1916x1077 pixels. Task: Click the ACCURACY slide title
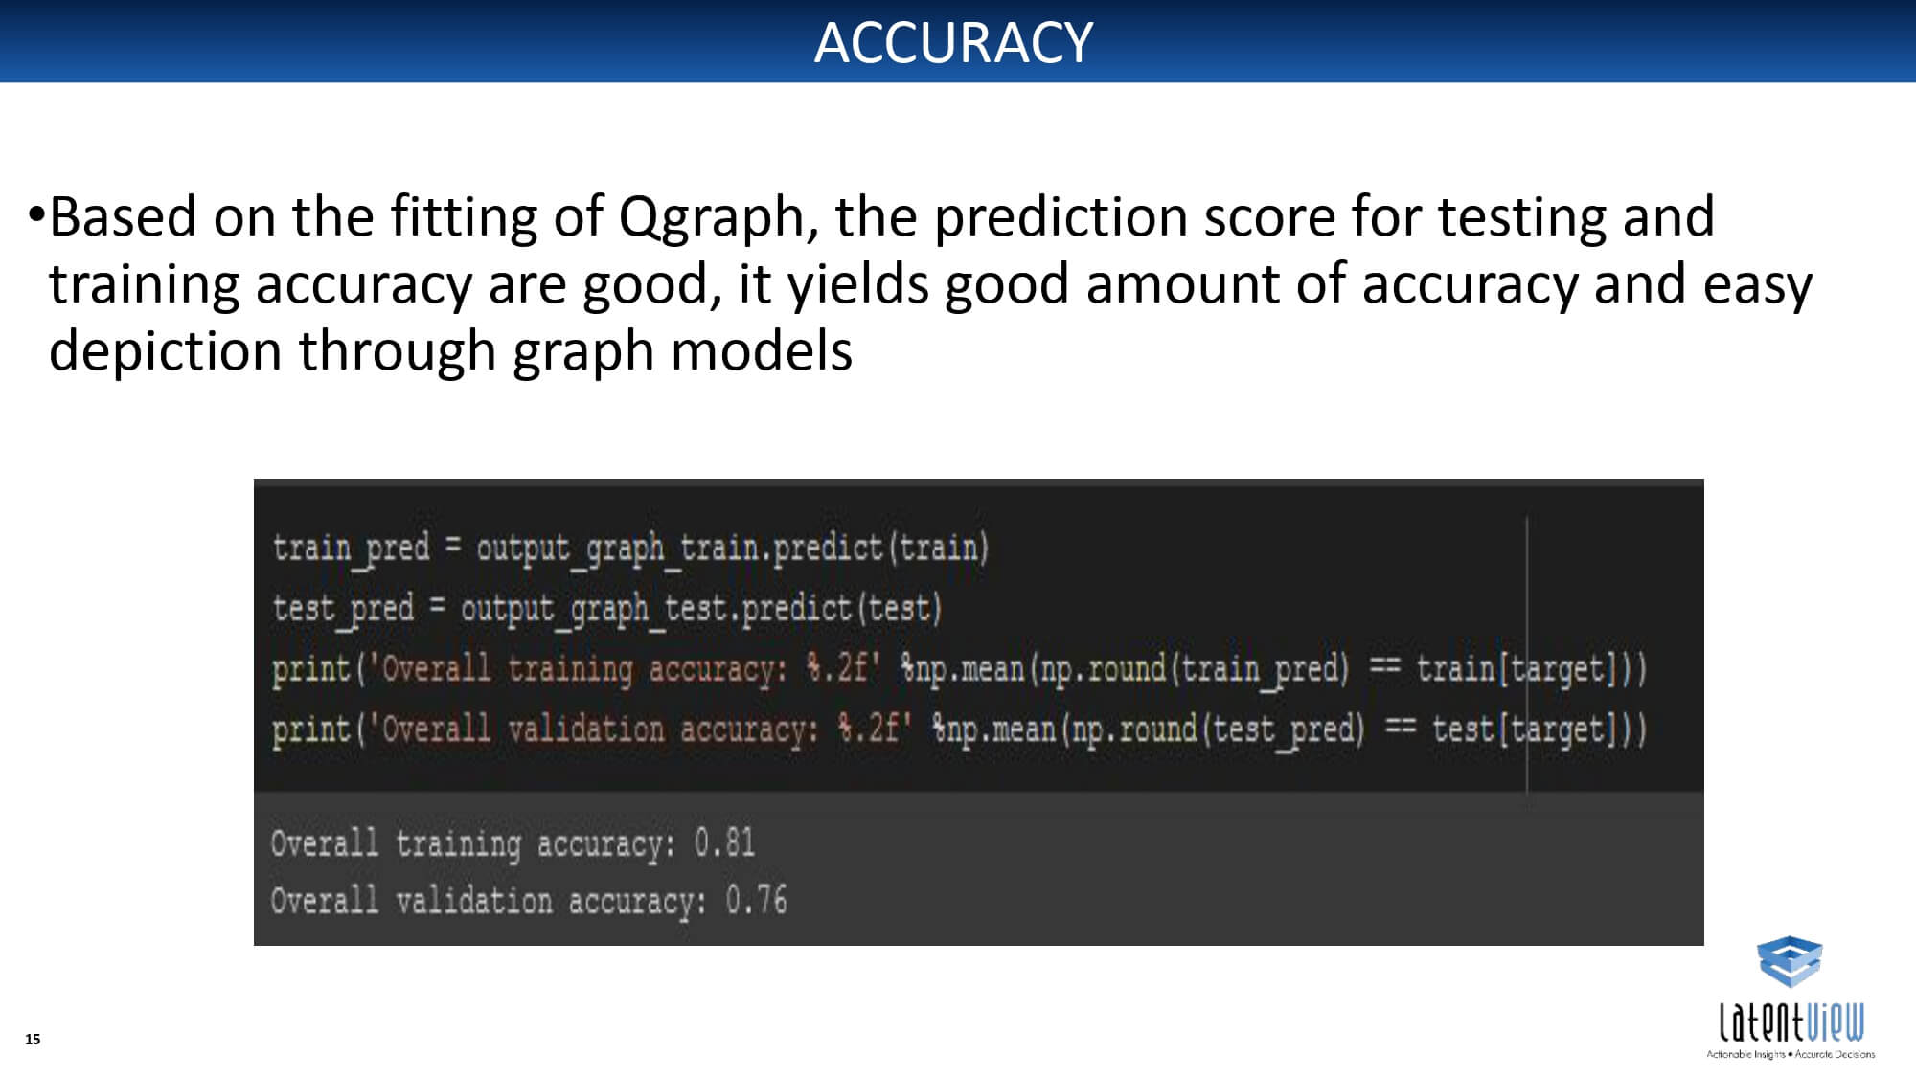tap(953, 42)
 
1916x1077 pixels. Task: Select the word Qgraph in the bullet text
tap(711, 218)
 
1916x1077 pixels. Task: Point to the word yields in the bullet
tap(858, 285)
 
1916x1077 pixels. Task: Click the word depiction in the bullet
tap(166, 352)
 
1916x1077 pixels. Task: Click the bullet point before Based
tap(36, 213)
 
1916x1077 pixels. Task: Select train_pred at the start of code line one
tap(351, 549)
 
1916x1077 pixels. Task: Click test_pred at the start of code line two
tap(343, 609)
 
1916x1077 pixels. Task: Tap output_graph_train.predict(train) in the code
tap(732, 549)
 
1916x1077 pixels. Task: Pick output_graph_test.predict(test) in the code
tap(701, 609)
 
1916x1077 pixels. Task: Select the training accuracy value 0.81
tap(724, 842)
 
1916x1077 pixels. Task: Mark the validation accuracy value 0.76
tap(756, 900)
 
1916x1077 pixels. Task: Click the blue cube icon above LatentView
tap(1790, 961)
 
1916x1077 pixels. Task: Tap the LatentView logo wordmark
tap(1791, 1021)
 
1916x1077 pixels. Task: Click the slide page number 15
tap(33, 1039)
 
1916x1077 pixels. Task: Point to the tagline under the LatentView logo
tap(1791, 1054)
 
